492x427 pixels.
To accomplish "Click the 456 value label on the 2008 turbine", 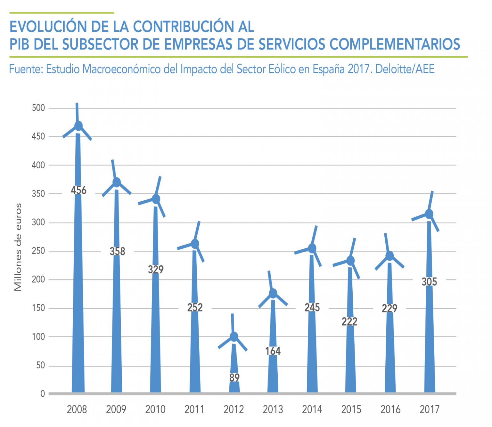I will (x=78, y=190).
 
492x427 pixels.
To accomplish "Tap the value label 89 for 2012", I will (x=234, y=378).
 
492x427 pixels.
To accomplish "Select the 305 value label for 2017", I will (x=429, y=282).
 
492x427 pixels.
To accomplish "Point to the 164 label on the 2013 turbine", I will (x=273, y=351).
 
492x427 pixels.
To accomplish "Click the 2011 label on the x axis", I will (x=194, y=409).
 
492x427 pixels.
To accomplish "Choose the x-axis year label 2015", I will (x=351, y=409).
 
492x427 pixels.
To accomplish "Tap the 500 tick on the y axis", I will (x=38, y=108).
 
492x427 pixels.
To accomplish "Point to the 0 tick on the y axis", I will (x=43, y=394).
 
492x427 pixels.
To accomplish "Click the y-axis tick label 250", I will (x=38, y=251).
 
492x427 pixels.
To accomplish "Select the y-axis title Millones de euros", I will (x=18, y=247).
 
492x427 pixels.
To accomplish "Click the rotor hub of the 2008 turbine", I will (x=78, y=126).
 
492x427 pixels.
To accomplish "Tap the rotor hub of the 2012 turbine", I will (x=234, y=336).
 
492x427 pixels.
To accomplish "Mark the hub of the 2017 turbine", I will (x=429, y=214).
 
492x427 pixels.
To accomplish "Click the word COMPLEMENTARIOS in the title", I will (x=395, y=44).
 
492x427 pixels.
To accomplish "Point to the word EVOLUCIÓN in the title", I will (x=49, y=27).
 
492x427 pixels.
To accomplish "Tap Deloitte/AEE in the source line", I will (x=405, y=69).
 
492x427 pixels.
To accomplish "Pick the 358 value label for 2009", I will (x=117, y=251).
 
